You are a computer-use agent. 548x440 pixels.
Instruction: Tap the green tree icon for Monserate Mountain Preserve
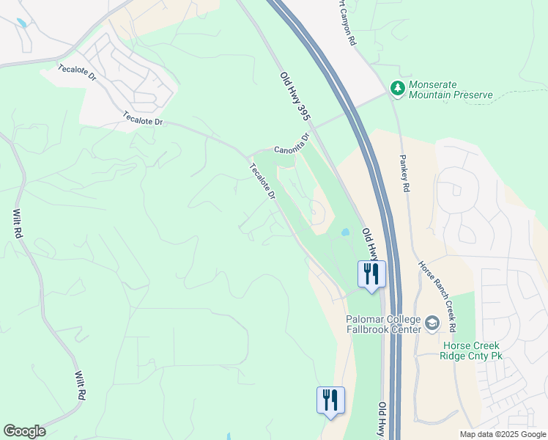tap(398, 89)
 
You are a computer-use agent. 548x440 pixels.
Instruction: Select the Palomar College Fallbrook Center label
tap(385, 324)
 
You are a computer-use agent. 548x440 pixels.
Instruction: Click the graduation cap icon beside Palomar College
tap(432, 323)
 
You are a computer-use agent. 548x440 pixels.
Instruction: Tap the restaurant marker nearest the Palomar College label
tap(371, 274)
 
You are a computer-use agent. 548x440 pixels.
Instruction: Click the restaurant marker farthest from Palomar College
tap(330, 400)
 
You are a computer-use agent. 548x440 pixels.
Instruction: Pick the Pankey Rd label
tap(404, 173)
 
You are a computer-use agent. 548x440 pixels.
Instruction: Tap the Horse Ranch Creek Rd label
tap(437, 295)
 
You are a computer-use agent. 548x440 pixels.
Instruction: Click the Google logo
tap(24, 431)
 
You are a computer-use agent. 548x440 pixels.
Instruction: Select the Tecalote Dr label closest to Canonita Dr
tap(262, 182)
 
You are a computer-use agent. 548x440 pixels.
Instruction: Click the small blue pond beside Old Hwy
tap(344, 233)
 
